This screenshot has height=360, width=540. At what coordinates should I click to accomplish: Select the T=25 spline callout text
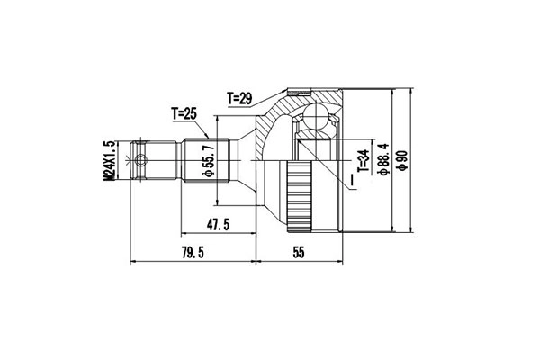pyautogui.click(x=185, y=113)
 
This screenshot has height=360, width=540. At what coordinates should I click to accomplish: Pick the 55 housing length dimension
pyautogui.click(x=300, y=254)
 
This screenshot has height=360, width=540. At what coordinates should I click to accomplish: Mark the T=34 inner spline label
pyautogui.click(x=363, y=163)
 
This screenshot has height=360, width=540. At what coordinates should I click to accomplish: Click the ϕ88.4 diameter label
pyautogui.click(x=382, y=162)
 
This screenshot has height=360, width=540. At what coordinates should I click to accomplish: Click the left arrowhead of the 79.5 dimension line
pyautogui.click(x=135, y=263)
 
